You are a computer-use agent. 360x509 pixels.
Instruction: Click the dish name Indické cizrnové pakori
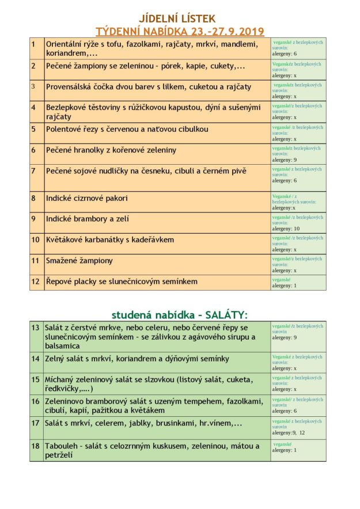point(87,198)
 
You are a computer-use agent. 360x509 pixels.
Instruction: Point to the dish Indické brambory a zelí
point(88,219)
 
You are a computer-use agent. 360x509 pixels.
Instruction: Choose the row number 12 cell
point(36,282)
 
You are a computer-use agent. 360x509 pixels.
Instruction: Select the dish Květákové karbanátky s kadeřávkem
point(110,240)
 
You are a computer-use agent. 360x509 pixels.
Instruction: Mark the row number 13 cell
point(36,328)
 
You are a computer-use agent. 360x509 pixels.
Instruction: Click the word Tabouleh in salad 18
point(63,446)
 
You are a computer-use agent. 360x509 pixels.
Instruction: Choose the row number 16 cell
point(36,401)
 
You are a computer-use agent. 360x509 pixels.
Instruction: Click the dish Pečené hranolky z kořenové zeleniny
point(111,150)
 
